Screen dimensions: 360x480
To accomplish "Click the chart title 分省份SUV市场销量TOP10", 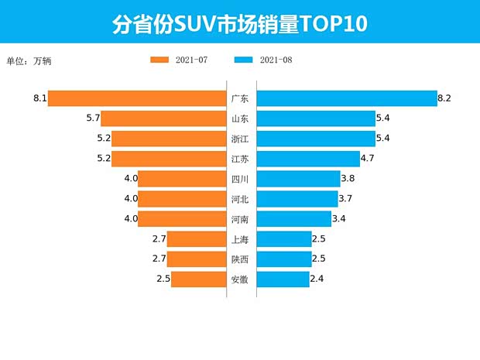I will [x=239, y=24].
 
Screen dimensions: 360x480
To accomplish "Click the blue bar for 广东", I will [x=346, y=98].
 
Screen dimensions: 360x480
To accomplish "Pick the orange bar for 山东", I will [x=163, y=118].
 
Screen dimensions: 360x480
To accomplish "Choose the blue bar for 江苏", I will [x=307, y=159].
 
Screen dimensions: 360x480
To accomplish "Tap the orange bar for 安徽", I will [x=198, y=279].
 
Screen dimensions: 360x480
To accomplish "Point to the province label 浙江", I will [x=240, y=139].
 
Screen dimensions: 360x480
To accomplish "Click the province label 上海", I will [x=240, y=239].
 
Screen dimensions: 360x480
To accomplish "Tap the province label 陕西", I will [x=240, y=259].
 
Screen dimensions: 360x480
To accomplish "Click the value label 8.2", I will [x=444, y=98].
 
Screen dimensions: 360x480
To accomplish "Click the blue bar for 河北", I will [x=297, y=199].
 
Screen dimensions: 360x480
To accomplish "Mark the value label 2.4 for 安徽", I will [x=317, y=279].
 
